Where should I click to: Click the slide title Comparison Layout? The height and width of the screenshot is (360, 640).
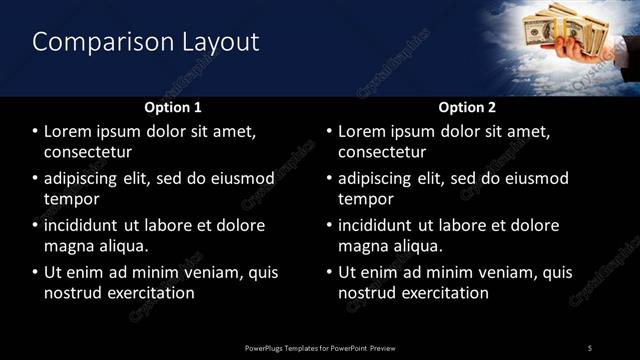(146, 42)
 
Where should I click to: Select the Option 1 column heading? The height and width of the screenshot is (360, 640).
(173, 106)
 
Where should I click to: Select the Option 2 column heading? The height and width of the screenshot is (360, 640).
(466, 106)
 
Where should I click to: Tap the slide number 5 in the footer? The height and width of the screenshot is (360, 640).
(590, 347)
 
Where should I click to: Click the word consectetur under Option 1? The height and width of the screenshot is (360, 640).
(89, 152)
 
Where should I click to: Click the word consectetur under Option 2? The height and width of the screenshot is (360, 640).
(383, 152)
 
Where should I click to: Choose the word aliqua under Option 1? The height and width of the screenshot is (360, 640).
(122, 245)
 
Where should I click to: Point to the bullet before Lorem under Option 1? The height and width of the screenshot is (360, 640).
(36, 132)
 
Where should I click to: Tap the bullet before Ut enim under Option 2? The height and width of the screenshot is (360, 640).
(330, 272)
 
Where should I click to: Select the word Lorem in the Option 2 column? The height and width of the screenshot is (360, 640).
(362, 132)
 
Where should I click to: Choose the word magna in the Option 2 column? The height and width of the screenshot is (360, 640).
(363, 245)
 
